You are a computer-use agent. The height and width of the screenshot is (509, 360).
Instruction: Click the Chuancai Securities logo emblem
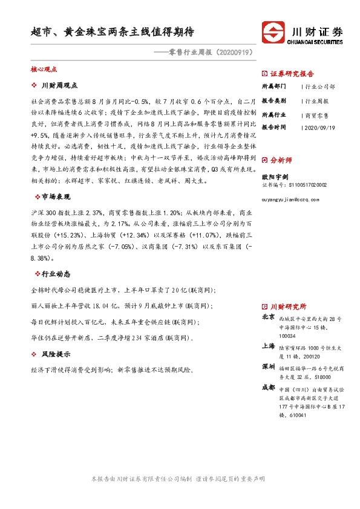[273, 32]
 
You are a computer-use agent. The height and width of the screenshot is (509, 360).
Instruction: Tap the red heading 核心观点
[43, 70]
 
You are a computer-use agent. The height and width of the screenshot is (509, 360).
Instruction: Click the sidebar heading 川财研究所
[289, 307]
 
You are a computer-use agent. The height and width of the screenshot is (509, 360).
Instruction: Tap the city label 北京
[269, 317]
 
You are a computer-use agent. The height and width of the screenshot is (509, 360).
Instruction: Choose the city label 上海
[269, 347]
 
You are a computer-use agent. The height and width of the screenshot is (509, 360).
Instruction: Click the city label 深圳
[269, 367]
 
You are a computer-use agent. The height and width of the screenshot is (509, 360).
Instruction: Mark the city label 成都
[269, 387]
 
